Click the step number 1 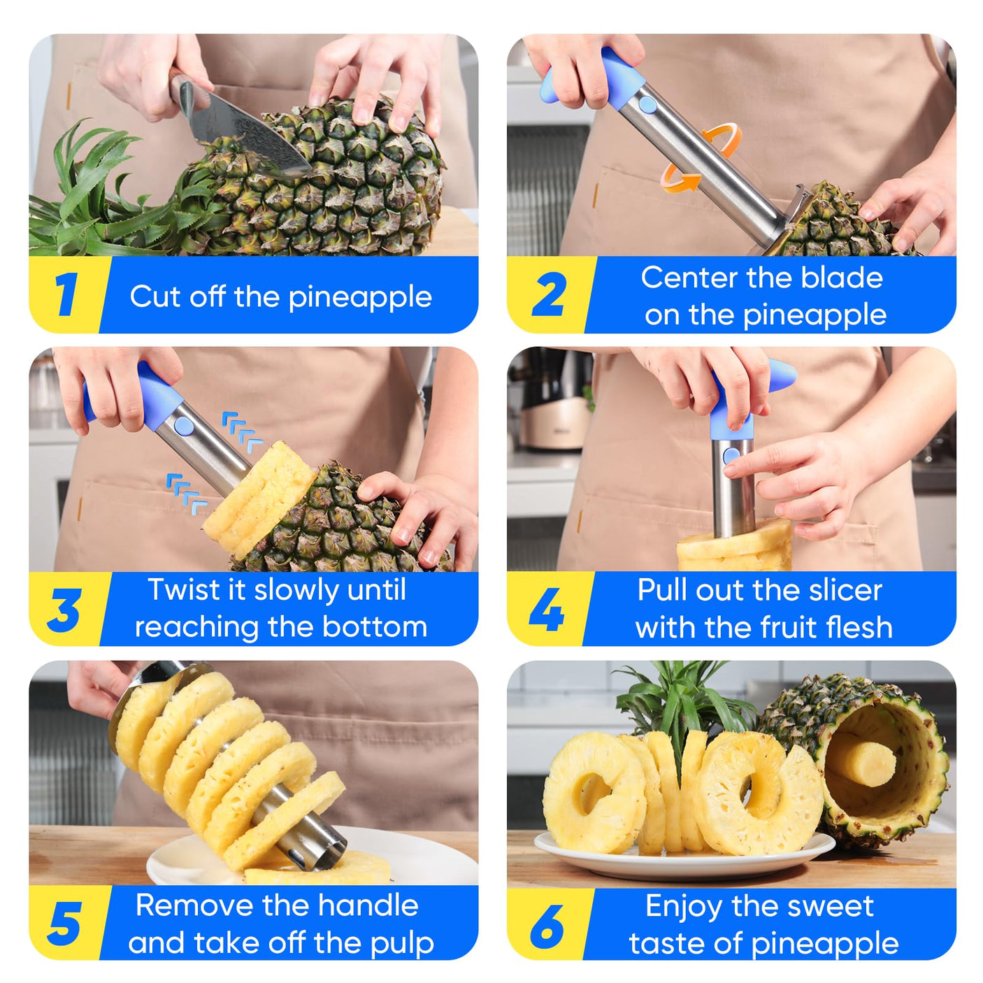coord(66,294)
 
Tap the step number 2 coord(548,294)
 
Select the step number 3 coord(65,610)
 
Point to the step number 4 coord(546,609)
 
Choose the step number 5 coord(65,924)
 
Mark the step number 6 coord(547,924)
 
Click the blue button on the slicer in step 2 coord(647,105)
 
